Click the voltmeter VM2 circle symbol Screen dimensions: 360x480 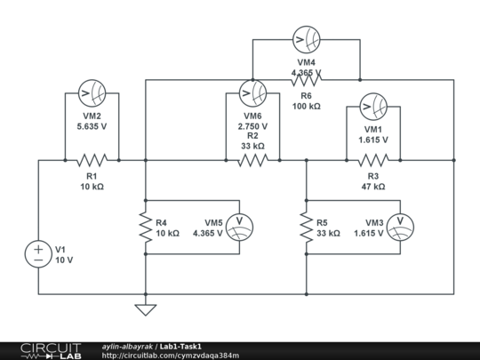pos(92,93)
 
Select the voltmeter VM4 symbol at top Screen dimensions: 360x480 pos(306,39)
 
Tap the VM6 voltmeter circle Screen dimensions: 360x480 pos(252,93)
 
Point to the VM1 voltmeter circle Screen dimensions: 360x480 pos(372,107)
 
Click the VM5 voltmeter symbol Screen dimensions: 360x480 pos(239,228)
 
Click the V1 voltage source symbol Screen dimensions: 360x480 pos(39,253)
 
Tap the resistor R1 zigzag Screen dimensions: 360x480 pos(92,161)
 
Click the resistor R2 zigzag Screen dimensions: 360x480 pos(252,161)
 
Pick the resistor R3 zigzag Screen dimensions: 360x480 pos(372,161)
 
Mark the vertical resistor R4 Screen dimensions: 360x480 pos(146,228)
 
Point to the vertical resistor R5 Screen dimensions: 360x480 pos(306,228)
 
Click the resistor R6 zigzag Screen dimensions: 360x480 pos(306,80)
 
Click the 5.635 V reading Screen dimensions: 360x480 pos(92,126)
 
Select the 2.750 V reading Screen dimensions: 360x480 pos(252,126)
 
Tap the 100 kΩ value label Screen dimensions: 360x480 pos(306,106)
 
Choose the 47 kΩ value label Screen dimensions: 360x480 pos(372,187)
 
